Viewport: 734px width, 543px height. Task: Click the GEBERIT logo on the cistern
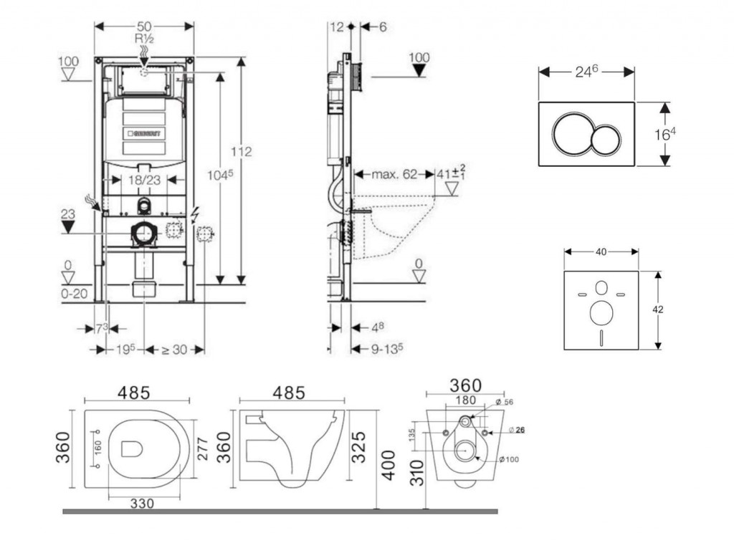click(x=144, y=133)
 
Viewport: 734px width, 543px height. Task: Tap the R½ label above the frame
click(x=144, y=39)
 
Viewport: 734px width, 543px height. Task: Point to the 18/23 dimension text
click(x=145, y=181)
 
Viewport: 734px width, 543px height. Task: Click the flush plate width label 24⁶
click(x=586, y=71)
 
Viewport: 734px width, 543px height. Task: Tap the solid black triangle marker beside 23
click(x=68, y=227)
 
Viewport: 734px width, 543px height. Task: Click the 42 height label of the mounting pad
click(x=658, y=309)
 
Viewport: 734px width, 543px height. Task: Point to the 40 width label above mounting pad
click(x=601, y=251)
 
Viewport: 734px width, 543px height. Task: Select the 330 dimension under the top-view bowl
click(x=142, y=504)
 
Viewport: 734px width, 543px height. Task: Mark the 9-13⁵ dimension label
click(x=386, y=348)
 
